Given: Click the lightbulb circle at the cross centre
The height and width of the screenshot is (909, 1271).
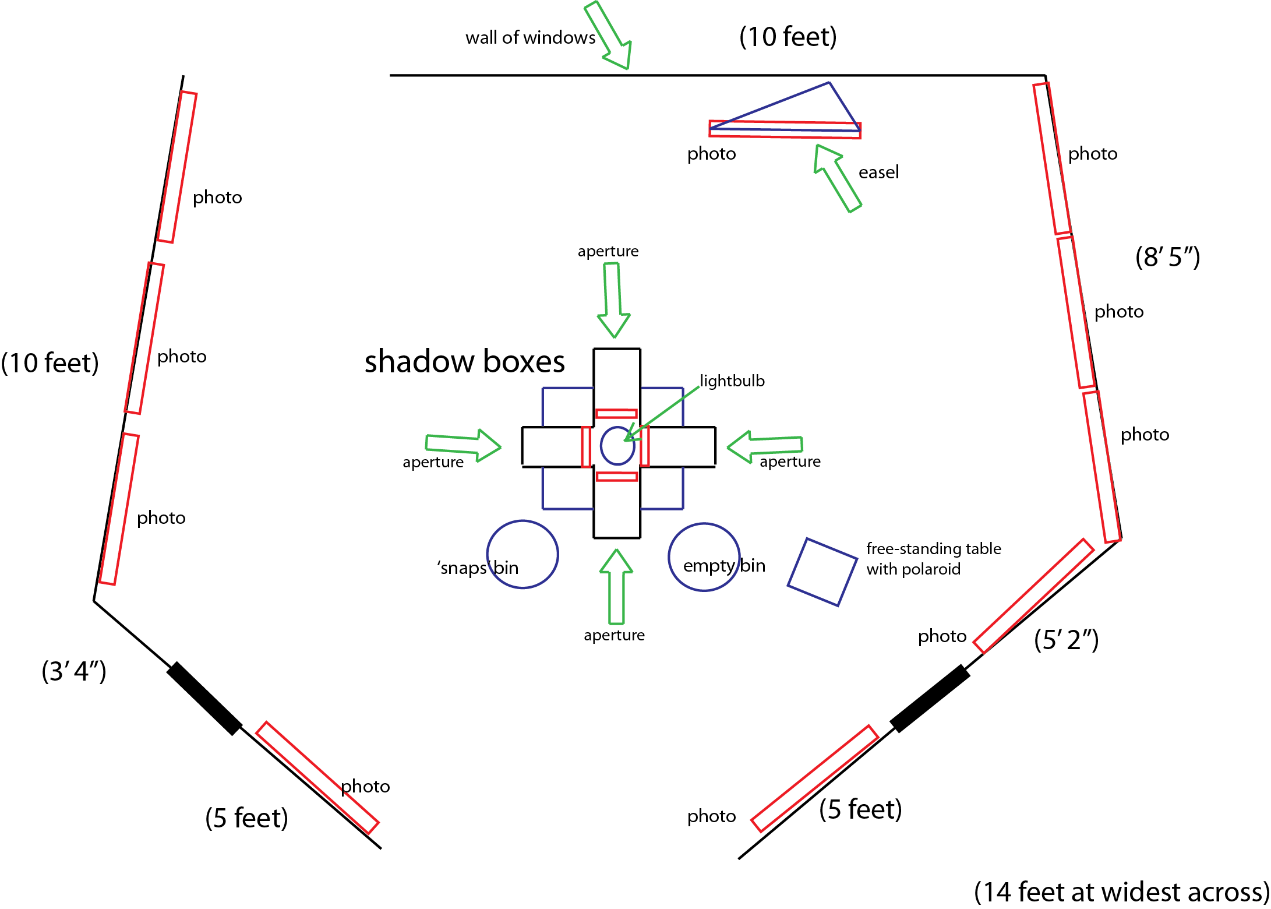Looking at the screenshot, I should pos(617,446).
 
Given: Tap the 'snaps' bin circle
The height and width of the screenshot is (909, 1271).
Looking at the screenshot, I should pos(522,554).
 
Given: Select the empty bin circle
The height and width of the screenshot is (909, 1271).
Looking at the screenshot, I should pos(704,557).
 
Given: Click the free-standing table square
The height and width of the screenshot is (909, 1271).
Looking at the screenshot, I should pos(822,572).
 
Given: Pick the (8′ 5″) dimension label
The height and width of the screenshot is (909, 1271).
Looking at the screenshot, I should pos(1167,257).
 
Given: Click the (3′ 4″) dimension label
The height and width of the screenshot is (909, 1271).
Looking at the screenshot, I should pos(74,671).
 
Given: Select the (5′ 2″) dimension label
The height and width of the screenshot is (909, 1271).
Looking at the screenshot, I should pos(1066,640).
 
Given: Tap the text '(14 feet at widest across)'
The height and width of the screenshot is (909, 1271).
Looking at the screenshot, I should pos(1121,892).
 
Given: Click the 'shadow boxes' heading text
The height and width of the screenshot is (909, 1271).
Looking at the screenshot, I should pos(464,361).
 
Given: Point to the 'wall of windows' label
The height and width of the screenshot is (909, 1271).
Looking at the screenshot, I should pos(530,38).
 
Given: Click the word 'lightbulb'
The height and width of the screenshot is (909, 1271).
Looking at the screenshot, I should pos(732,381).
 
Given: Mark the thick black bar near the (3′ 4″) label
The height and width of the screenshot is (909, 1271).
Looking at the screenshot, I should pos(204,698).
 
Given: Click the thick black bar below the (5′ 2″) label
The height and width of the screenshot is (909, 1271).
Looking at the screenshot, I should pos(930,698).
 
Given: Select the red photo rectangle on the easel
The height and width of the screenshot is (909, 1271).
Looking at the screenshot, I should pos(785,129).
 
